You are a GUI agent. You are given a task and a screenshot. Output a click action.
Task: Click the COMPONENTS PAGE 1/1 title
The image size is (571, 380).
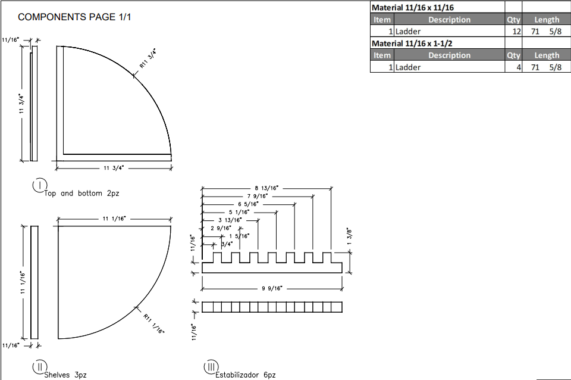74,17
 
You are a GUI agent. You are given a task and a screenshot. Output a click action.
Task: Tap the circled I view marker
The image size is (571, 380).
39,185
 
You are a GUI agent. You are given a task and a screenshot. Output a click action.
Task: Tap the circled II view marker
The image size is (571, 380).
39,367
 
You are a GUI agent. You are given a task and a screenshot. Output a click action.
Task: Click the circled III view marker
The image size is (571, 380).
211,367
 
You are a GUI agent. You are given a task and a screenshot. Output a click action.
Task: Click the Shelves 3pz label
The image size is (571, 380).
65,375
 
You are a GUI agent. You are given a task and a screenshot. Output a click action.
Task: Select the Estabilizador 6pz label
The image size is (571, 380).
246,375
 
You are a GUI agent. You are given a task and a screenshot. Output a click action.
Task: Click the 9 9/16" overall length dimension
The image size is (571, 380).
271,288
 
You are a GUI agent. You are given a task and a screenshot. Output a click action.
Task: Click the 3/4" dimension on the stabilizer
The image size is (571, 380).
227,244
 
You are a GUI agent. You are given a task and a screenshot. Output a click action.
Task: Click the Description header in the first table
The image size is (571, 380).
449,20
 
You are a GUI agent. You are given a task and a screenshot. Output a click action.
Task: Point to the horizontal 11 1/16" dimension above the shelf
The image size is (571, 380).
112,219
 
